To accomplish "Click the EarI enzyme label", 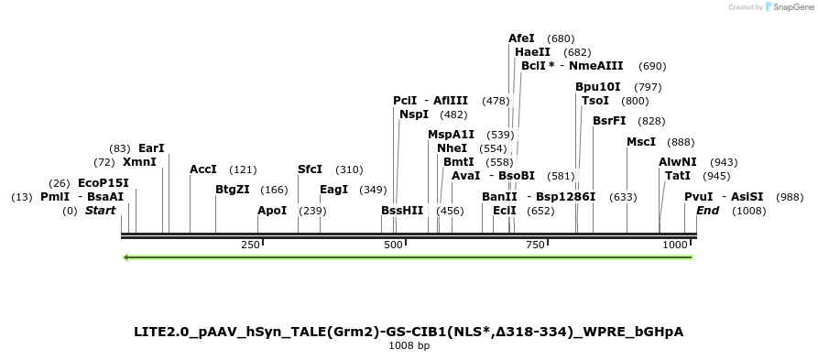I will point(151,148).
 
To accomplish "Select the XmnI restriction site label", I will point(139,162).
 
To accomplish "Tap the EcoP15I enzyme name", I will point(103,183).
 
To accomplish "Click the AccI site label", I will point(202,169).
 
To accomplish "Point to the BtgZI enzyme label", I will point(233,190).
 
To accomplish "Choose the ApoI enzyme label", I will point(272,211).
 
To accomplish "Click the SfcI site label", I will point(311,169).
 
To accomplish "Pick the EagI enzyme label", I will point(333,190).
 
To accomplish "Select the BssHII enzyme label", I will point(402,211).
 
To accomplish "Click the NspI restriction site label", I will point(414,115).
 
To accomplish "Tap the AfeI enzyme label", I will point(521,38).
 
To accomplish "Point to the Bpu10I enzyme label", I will point(598,87).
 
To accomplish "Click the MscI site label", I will point(641,142).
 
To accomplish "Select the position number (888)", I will point(681,142).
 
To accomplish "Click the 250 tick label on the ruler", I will point(250,245).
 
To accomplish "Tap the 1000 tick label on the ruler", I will point(675,245).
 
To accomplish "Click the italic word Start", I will point(101,211).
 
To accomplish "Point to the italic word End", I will point(707,211).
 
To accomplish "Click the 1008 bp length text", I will point(409,346).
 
